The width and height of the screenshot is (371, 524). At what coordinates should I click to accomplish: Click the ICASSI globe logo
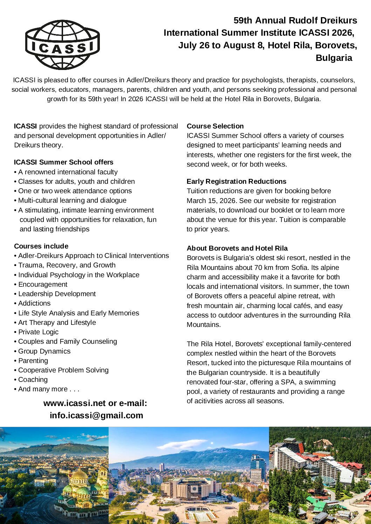pos(62,45)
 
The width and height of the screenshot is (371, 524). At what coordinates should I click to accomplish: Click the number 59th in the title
pos(243,20)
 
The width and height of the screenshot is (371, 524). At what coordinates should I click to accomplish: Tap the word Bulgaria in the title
pos(334,58)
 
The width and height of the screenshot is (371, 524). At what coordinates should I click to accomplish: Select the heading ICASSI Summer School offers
pos(64,162)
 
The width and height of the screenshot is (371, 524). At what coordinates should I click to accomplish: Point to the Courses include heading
pos(41,246)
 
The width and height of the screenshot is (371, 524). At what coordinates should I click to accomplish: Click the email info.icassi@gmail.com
pos(96,415)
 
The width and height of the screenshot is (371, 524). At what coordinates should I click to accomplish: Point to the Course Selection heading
pos(215,126)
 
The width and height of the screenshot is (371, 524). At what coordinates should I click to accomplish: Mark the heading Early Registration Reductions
pos(236,181)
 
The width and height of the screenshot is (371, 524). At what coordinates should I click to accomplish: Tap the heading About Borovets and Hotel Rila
pos(237,248)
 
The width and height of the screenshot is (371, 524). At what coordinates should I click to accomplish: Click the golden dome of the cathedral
pos(80,475)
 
